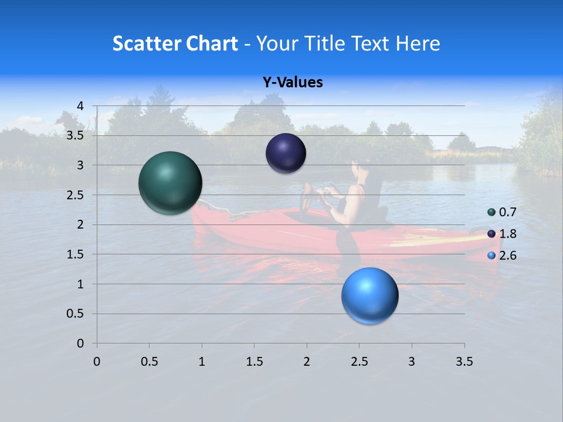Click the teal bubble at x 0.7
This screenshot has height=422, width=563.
[171, 183]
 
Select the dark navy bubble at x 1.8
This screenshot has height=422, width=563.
[286, 154]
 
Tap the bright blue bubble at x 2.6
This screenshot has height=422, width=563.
[370, 295]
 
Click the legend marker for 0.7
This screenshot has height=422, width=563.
[491, 212]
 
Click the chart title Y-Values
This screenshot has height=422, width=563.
[293, 83]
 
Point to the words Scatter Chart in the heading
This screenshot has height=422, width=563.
[175, 43]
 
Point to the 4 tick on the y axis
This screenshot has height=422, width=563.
[80, 105]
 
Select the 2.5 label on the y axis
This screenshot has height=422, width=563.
[76, 195]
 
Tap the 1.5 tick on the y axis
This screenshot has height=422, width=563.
[76, 254]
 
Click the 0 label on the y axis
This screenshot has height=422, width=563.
[80, 343]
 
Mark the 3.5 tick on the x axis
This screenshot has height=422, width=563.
[464, 362]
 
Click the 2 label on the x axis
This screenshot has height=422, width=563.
[307, 362]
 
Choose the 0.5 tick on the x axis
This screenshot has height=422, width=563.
[149, 362]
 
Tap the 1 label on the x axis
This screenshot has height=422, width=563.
[202, 362]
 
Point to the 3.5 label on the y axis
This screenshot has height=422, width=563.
[76, 135]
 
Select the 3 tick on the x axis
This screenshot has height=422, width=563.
[412, 362]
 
